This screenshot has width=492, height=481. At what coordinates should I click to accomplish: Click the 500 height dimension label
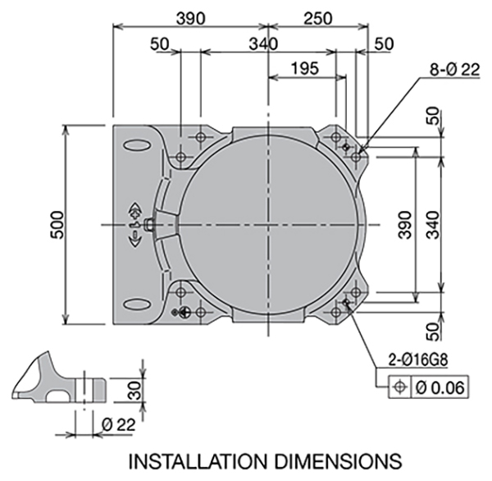(x=58, y=225)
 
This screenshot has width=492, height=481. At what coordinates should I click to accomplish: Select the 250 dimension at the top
(x=317, y=19)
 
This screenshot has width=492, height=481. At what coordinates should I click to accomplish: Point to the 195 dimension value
(x=305, y=68)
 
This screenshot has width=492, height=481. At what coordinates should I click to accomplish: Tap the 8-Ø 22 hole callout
(x=454, y=70)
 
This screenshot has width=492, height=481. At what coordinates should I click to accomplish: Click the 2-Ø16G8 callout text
(x=418, y=360)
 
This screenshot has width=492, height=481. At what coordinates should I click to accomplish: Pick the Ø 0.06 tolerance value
(x=440, y=387)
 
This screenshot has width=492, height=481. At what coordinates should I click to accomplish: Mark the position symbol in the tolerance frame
(x=399, y=387)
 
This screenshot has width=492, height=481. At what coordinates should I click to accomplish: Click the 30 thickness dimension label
(x=135, y=390)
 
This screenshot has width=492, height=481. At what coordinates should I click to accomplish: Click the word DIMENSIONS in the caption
(x=339, y=461)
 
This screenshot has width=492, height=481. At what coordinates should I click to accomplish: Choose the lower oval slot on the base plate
(x=136, y=305)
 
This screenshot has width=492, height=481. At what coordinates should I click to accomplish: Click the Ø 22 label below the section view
(x=119, y=424)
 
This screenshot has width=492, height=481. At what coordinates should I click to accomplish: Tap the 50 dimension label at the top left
(x=159, y=44)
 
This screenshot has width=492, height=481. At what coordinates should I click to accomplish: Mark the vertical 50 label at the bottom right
(x=433, y=332)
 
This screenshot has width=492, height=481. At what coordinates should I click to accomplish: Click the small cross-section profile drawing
(x=59, y=377)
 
